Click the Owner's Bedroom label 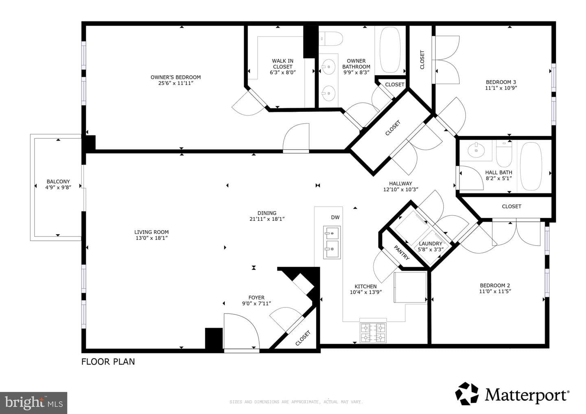[175, 77]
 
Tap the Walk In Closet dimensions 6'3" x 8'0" [282, 72]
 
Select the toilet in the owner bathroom [331, 39]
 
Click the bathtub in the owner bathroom [390, 50]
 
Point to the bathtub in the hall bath [531, 166]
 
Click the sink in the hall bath [476, 150]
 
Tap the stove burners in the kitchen [373, 332]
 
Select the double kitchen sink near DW [332, 242]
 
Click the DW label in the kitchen [335, 217]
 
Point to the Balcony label [58, 181]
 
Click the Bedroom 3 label [501, 82]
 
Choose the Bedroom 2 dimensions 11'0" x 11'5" [495, 291]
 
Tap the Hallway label [400, 183]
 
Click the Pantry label [402, 253]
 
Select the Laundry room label [431, 244]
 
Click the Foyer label [256, 297]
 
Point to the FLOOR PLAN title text [108, 362]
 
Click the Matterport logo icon [467, 394]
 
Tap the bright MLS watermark [33, 403]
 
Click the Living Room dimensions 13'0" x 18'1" [151, 238]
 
